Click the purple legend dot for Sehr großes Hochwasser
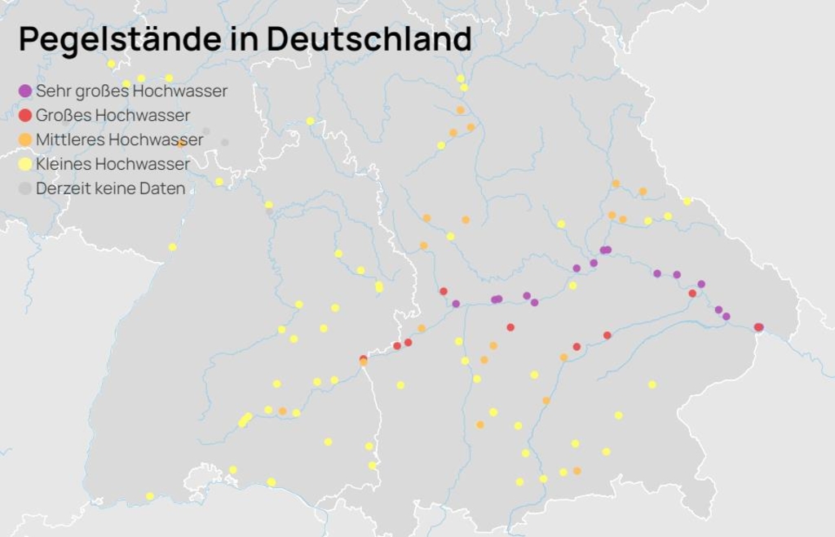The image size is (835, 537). click(x=25, y=91)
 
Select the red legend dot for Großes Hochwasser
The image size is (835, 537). click(x=25, y=115)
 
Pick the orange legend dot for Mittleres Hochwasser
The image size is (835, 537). click(x=25, y=140)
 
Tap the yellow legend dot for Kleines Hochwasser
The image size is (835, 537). click(x=25, y=164)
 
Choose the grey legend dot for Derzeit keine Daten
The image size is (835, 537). click(x=25, y=189)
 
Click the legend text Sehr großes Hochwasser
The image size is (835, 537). click(x=131, y=91)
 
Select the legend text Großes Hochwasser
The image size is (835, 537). click(x=113, y=115)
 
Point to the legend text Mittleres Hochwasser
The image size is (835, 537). click(x=119, y=140)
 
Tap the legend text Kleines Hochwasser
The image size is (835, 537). click(x=113, y=164)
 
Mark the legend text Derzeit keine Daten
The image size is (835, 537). click(x=110, y=189)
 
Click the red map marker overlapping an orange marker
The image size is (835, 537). click(x=363, y=358)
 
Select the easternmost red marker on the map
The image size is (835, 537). click(x=759, y=327)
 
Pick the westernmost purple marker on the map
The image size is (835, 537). click(x=456, y=304)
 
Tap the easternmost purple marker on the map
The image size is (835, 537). click(x=726, y=317)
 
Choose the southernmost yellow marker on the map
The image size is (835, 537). click(x=150, y=496)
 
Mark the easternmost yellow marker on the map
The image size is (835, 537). click(x=687, y=202)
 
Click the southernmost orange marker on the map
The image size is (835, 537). click(x=577, y=471)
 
